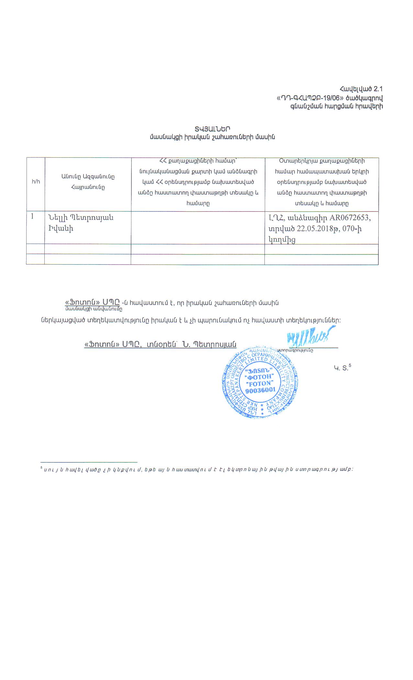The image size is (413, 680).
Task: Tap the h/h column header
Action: [36, 181]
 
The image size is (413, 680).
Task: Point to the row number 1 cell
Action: [33, 217]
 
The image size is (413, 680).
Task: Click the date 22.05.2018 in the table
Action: [315, 229]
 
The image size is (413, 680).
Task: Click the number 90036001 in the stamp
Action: [260, 391]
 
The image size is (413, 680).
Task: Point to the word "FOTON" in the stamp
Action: [260, 384]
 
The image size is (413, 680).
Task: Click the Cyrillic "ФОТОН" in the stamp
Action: [260, 377]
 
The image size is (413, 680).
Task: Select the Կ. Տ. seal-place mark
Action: [342, 368]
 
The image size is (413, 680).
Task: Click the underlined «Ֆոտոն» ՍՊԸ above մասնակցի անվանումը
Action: [93, 302]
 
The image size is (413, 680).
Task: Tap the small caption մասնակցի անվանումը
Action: [94, 309]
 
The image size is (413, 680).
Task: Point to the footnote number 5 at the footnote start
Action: [41, 468]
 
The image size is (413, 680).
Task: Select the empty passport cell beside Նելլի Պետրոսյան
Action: [198, 227]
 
